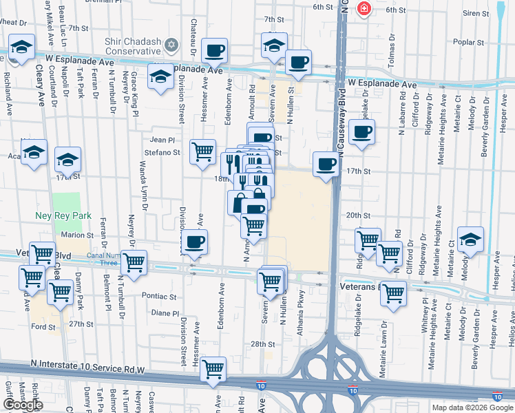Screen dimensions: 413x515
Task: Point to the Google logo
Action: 23,405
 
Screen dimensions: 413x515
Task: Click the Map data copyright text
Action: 472,407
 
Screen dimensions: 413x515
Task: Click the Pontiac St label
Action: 160,296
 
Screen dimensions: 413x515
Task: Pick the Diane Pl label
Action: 165,313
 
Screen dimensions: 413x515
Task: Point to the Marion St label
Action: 77,235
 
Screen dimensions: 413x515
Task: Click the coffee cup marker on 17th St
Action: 326,165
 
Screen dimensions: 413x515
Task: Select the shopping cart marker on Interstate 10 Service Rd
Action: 213,368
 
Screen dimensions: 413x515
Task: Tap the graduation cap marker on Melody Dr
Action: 471,239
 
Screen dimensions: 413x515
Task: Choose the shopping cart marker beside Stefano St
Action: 203,150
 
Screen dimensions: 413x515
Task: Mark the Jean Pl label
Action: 163,139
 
